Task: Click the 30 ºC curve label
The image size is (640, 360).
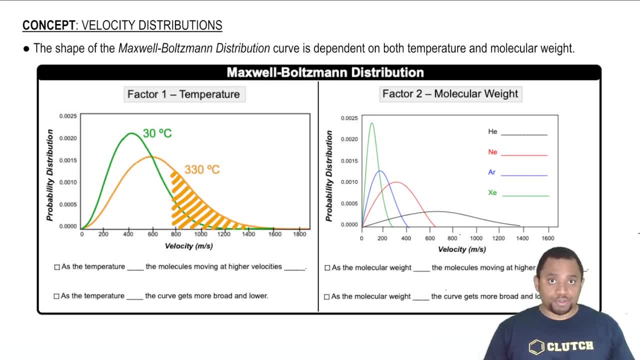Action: pos(157,133)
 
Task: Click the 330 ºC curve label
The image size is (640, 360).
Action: pos(202,169)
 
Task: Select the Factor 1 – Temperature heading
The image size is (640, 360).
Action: pos(183,94)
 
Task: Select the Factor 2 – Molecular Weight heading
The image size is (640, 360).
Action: pos(450,93)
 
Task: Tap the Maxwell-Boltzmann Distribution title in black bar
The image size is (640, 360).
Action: pos(325,72)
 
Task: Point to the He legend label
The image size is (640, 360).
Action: pos(492,131)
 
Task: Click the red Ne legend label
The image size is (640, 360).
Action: pos(492,152)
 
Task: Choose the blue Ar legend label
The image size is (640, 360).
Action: pos(491,172)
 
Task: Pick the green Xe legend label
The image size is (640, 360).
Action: pos(492,192)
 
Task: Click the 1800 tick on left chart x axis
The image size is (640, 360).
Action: pos(299,234)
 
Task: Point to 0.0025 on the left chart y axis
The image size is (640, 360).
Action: pos(68,116)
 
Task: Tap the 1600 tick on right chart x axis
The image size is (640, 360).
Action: pos(548,238)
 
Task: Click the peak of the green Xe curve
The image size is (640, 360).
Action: pos(371,123)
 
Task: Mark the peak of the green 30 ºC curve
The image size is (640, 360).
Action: pos(131,133)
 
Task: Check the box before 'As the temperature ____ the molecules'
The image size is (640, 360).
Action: pos(57,267)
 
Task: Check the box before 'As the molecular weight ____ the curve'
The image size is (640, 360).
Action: pos(326,296)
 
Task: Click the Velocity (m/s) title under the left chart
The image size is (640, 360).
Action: pos(188,246)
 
